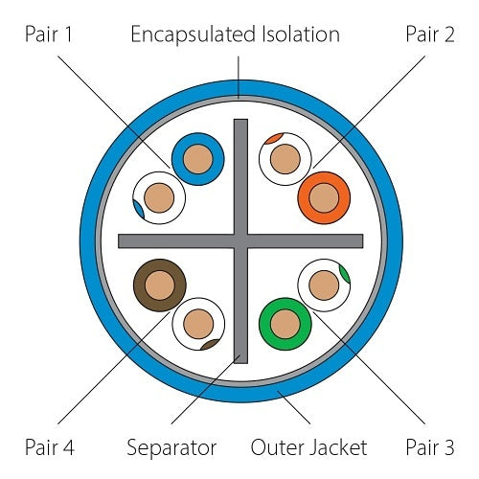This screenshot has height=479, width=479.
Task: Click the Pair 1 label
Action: coord(49,34)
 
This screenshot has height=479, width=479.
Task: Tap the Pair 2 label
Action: coord(430,34)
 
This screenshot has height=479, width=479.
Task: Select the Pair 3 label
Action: coord(430,447)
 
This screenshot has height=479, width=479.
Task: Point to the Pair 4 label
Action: coord(50,447)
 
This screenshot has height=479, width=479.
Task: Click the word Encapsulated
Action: coord(193,35)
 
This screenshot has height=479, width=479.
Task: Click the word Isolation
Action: coord(301,34)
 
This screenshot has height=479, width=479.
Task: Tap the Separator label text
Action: coord(171,448)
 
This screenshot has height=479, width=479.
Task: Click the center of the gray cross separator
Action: coord(240,241)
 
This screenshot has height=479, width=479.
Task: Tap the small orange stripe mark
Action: coord(274,138)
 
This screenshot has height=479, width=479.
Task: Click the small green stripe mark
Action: coord(345,274)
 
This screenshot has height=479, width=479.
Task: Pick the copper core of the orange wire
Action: coord(324,198)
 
